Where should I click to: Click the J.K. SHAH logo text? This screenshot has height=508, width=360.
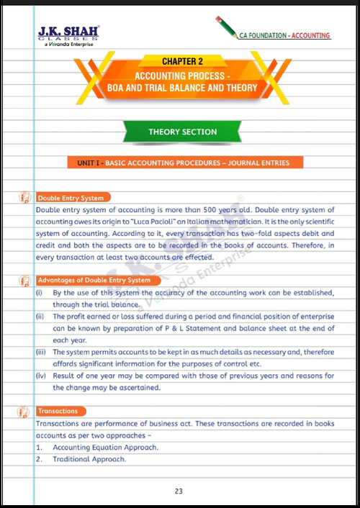tap(68, 31)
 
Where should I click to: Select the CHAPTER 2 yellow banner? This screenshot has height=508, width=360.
tap(180, 63)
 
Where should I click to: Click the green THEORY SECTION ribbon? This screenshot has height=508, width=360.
tap(182, 132)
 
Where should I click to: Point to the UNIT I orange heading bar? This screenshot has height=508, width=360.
tap(183, 163)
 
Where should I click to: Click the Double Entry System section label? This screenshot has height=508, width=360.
tap(71, 197)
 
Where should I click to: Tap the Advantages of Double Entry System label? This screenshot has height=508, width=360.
tap(94, 280)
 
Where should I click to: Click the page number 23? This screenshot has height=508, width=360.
tap(179, 491)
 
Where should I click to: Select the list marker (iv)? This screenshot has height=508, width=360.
tap(40, 376)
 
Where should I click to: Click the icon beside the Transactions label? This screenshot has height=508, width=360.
tap(25, 411)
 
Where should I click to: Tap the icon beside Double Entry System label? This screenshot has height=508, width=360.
tap(25, 196)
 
